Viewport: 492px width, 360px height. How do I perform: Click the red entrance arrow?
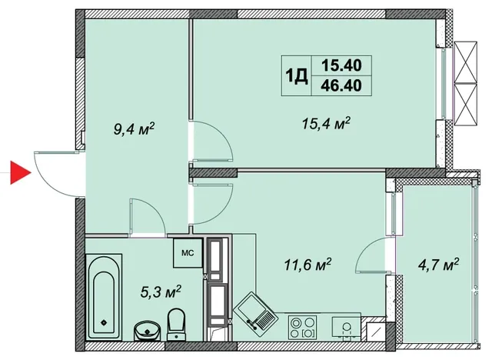click(19, 172)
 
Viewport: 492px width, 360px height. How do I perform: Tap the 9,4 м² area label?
click(135, 128)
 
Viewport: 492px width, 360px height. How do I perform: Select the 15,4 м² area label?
click(326, 123)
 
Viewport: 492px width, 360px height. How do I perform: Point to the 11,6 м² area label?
click(307, 265)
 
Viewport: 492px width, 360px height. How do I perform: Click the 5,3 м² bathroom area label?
click(161, 292)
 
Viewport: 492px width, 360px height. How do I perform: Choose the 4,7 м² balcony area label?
click(438, 265)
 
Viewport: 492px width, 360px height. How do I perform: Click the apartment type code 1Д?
click(296, 76)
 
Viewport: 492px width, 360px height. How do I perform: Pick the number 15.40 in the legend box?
click(341, 65)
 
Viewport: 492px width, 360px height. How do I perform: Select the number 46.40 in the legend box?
click(341, 85)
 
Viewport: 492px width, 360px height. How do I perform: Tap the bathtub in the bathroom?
click(104, 297)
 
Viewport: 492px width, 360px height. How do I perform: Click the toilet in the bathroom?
click(176, 324)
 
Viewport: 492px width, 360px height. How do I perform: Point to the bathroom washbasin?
click(147, 331)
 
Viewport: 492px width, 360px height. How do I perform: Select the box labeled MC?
click(188, 253)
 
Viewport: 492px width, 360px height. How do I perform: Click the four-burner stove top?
click(301, 328)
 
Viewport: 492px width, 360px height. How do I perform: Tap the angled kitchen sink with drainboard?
click(255, 314)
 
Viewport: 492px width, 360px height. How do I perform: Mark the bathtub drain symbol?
click(104, 322)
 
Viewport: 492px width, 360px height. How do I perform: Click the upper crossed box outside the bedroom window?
click(466, 62)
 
